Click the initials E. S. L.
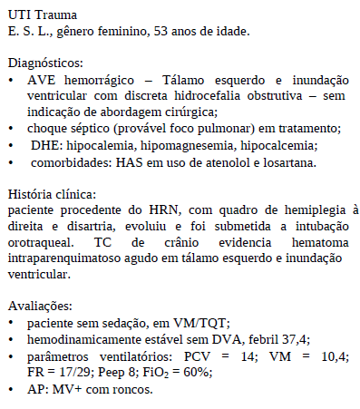click(26, 33)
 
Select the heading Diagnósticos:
click(45, 64)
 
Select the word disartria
click(77, 227)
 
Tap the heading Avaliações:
click(37, 307)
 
